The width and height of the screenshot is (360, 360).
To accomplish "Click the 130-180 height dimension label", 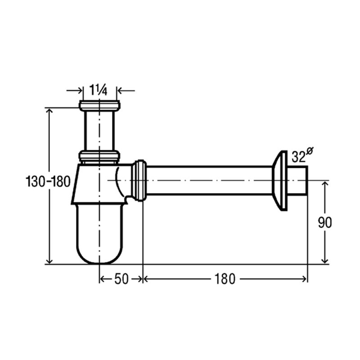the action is pos(48,181).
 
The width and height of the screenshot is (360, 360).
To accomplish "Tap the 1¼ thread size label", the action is pos(98,90).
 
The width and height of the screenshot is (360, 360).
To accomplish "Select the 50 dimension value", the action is pos(121,279).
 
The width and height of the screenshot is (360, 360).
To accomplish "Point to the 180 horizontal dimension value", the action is pos(225,279).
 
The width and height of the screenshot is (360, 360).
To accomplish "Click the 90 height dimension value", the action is pos(325,222).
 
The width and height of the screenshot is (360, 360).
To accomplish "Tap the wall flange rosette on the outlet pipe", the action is pos(280,180).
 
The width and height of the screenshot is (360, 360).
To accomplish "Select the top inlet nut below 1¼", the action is pos(99,105).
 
